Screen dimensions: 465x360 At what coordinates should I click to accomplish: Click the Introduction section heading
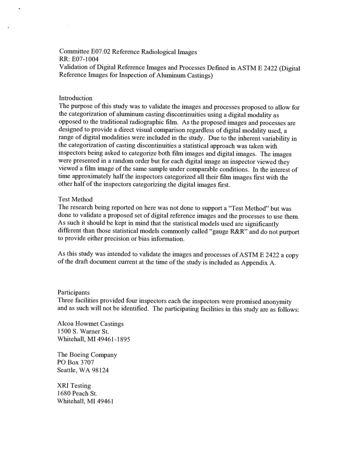(75, 98)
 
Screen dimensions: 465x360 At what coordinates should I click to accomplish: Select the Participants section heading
(74, 292)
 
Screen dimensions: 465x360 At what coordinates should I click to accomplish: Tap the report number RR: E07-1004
(79, 59)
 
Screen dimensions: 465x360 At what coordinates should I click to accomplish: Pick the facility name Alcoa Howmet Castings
(90, 324)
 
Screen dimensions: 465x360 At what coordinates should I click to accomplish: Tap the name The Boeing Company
(87, 355)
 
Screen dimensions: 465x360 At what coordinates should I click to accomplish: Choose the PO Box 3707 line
(75, 362)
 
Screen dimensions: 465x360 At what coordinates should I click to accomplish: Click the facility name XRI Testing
(74, 386)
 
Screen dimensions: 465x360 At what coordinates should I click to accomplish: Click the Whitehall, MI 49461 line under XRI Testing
(85, 401)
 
